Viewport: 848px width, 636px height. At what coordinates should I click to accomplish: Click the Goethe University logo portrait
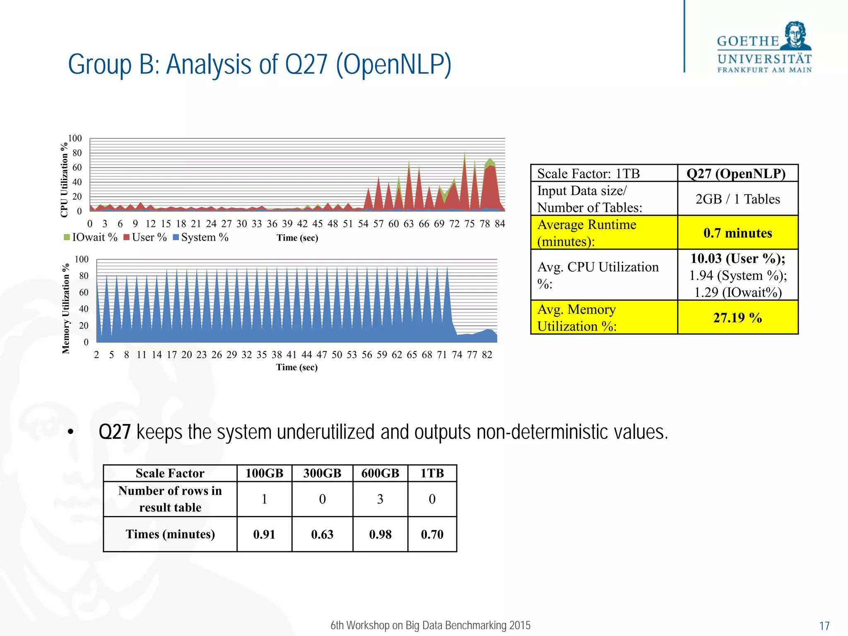tap(795, 36)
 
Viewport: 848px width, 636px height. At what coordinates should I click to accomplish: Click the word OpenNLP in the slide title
tap(393, 65)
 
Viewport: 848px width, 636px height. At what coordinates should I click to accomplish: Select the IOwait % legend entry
tap(91, 237)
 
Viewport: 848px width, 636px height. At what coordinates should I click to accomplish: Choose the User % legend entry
tap(145, 237)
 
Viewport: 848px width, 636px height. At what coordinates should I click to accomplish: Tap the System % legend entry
tap(201, 237)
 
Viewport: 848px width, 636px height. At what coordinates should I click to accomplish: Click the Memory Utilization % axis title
tap(66, 308)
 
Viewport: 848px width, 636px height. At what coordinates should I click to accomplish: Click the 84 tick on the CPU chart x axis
tap(500, 224)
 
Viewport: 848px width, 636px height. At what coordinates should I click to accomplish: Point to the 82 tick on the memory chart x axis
tap(487, 355)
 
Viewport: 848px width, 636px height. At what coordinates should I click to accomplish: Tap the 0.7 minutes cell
tap(737, 233)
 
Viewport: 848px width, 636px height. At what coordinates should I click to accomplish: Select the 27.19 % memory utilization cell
tap(737, 318)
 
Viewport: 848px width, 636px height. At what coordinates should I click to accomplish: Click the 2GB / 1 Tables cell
tap(737, 199)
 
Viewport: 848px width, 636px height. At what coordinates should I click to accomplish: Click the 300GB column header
tap(322, 473)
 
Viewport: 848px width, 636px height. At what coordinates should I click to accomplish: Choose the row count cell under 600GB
tap(380, 499)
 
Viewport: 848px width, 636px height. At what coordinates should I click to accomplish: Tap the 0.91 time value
tap(264, 535)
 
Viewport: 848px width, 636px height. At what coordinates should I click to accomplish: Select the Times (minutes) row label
tap(170, 534)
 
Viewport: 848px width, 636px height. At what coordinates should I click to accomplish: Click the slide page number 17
tap(824, 626)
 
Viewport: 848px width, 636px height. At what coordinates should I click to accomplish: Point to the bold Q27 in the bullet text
tap(115, 432)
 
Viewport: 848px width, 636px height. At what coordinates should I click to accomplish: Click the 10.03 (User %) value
tap(737, 259)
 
